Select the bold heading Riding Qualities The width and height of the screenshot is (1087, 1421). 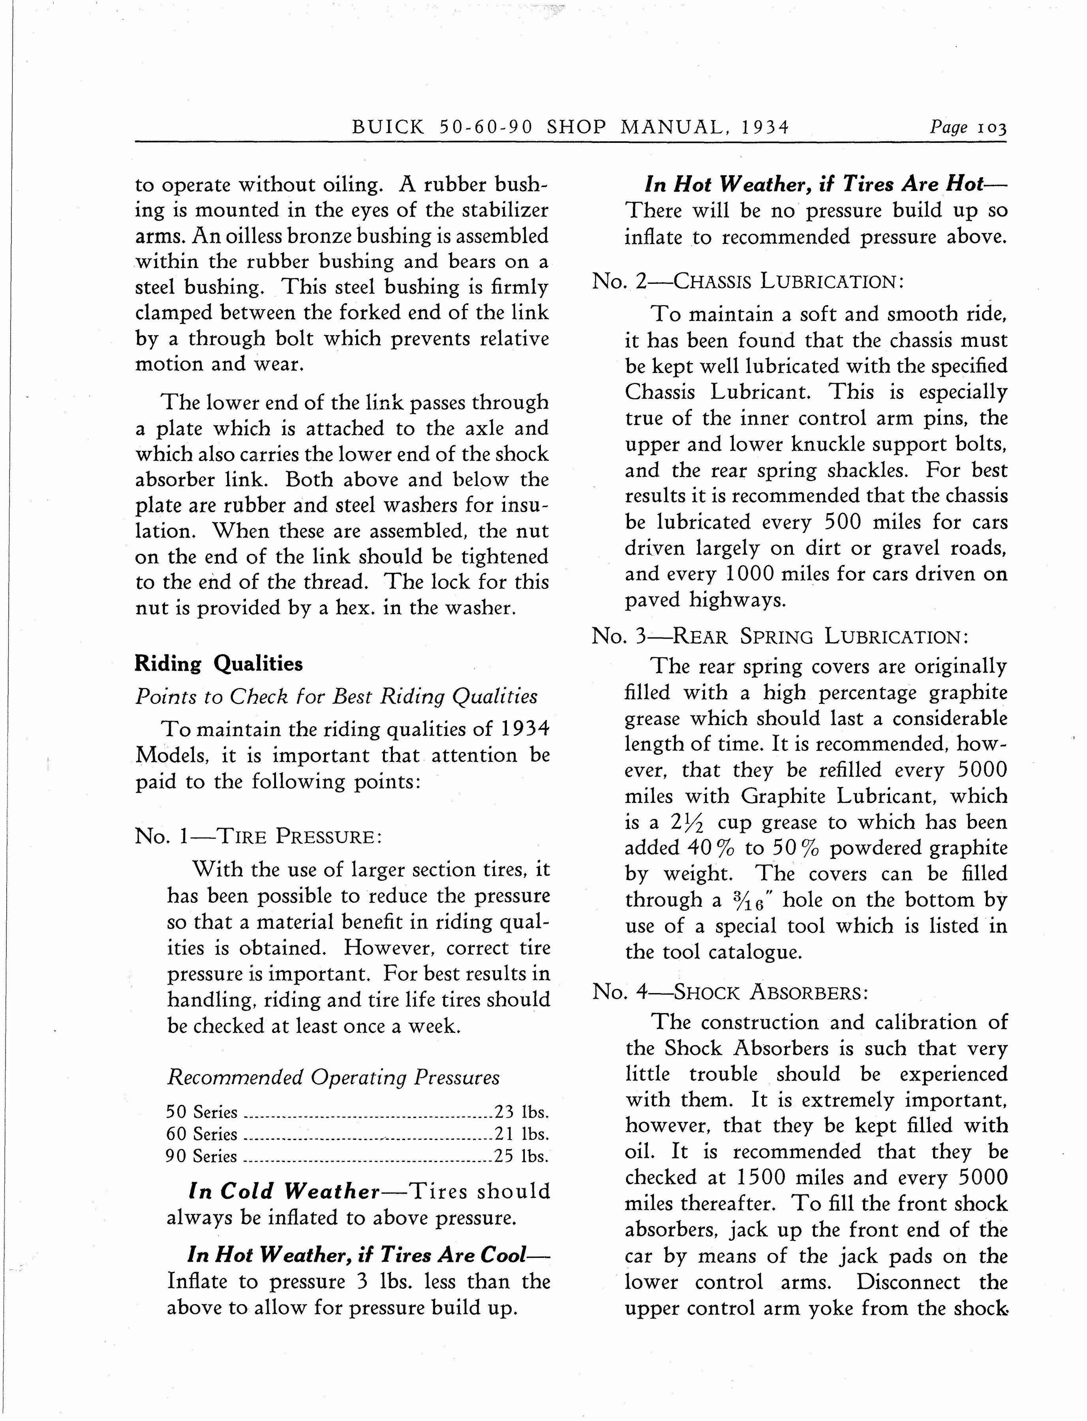coord(219,664)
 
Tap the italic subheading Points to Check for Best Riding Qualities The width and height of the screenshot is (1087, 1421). coord(336,697)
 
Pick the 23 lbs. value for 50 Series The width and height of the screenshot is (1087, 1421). coord(522,1112)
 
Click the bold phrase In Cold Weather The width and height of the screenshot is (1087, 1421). coord(283,1191)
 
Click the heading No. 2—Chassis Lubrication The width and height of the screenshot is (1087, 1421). coord(747,282)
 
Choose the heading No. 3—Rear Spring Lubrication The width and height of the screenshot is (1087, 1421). coord(780,637)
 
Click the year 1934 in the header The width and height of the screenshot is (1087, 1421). coord(766,127)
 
